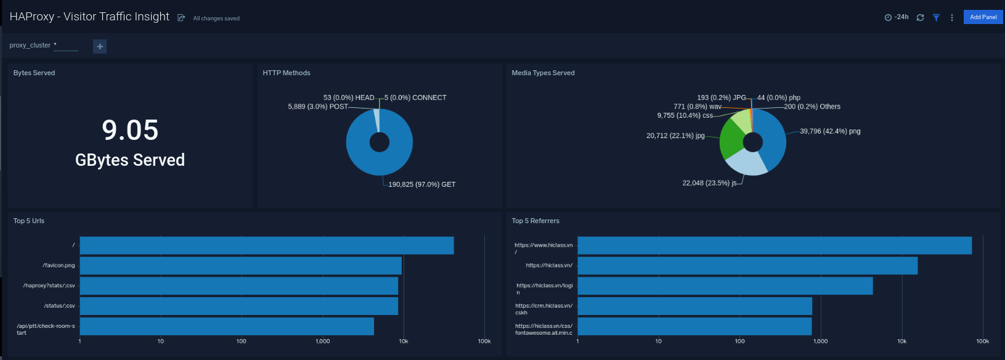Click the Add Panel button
[983, 17]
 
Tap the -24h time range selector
[897, 17]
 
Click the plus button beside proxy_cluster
[100, 46]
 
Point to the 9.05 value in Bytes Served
[130, 130]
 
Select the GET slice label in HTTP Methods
[421, 184]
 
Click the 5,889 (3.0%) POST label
[318, 107]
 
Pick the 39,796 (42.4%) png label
[830, 131]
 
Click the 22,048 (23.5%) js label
[709, 183]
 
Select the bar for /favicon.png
[240, 266]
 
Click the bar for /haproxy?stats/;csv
[238, 286]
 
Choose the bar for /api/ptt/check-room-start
[227, 327]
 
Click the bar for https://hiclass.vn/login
[725, 286]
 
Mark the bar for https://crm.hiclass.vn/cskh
[694, 306]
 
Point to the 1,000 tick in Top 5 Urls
[322, 341]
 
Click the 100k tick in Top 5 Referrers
[982, 341]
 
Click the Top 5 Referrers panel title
[535, 221]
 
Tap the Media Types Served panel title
[543, 73]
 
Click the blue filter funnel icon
[936, 18]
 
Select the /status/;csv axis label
[59, 306]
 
